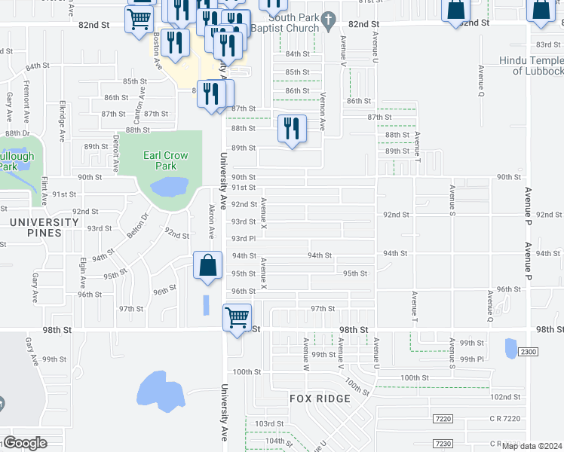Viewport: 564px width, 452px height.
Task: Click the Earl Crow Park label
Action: pos(165,160)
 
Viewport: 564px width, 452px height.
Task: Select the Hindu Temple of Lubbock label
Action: pos(531,66)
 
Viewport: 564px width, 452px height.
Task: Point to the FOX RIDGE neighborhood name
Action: pos(320,398)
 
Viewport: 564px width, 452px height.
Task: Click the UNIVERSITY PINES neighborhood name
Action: pos(44,228)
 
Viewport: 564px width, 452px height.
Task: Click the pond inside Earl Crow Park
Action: pos(170,186)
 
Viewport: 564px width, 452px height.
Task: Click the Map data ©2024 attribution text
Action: pos(532,446)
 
